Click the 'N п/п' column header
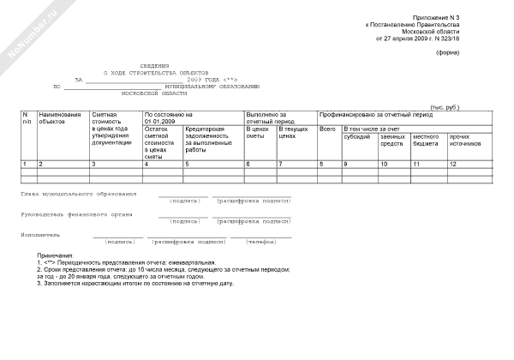pos(27,117)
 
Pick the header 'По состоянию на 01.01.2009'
pos(168,117)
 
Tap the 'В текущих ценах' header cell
pos(294,132)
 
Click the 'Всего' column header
pos(326,129)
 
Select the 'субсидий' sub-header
pos(357,136)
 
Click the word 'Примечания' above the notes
pos(55,255)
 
